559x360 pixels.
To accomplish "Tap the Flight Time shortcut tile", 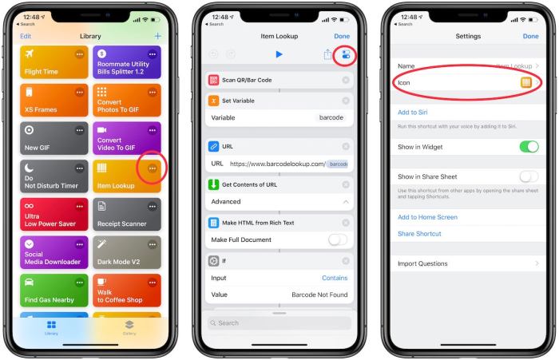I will point(53,62).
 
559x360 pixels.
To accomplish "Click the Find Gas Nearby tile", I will point(53,291).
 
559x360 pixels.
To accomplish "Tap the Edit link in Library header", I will point(26,36).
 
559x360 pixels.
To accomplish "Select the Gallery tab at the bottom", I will point(129,327).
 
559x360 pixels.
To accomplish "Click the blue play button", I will point(279,54).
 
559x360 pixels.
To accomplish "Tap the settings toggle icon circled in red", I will point(345,54).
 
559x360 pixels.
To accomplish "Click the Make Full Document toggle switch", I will point(338,239).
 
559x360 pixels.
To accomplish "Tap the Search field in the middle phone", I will point(279,323).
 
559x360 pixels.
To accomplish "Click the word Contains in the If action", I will point(335,278).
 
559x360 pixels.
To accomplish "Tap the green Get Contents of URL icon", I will point(213,185).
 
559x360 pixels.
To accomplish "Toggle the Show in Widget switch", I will point(529,147).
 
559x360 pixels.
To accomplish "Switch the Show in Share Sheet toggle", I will point(529,176).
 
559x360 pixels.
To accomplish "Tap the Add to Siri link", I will point(413,113).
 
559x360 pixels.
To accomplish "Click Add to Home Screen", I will point(427,217).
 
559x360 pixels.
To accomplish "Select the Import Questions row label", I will point(422,263).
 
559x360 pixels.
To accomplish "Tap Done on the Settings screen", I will point(530,36).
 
